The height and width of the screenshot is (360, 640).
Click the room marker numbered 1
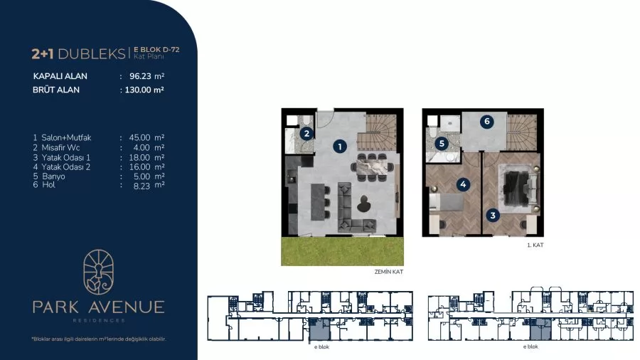340,146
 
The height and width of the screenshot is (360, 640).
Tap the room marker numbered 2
306,133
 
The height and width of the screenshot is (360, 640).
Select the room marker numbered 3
493,215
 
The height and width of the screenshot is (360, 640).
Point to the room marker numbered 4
463,184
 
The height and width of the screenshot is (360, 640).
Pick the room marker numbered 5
442,143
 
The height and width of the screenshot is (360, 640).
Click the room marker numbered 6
486,121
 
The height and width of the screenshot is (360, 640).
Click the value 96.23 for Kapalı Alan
140,76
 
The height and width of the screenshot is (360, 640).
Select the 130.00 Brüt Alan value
138,90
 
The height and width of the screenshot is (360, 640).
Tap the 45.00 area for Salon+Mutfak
139,138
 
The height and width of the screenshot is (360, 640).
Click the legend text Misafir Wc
61,148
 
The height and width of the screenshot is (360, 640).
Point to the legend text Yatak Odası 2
65,167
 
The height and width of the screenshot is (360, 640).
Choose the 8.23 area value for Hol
142,186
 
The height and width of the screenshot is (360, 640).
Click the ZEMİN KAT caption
388,272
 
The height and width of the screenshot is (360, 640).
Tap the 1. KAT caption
535,245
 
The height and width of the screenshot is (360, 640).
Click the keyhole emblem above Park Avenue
98,272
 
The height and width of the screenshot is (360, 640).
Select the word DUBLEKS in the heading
92,54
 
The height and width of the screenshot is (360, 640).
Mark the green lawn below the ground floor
343,250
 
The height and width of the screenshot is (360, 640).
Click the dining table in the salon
372,167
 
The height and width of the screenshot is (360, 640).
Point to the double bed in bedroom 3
517,188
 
